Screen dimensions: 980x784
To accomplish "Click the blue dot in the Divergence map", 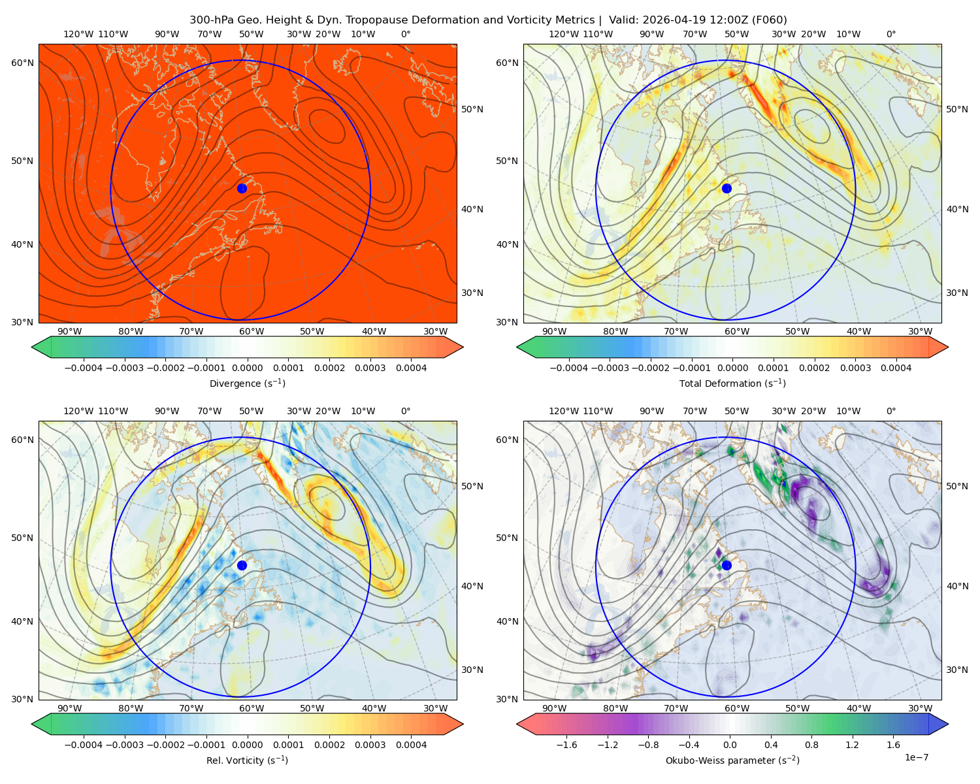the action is pyautogui.click(x=242, y=188).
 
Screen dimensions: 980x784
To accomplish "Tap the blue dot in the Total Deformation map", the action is pyautogui.click(x=727, y=188).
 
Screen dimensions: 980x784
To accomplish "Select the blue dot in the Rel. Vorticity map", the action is pyautogui.click(x=242, y=565).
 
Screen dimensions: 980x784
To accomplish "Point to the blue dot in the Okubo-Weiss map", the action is pyautogui.click(x=727, y=565).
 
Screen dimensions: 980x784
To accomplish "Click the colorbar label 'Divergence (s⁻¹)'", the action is pyautogui.click(x=247, y=383).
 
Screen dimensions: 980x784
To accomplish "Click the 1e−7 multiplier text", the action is pyautogui.click(x=916, y=757).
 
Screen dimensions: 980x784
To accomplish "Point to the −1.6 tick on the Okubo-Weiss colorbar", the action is pyautogui.click(x=566, y=744).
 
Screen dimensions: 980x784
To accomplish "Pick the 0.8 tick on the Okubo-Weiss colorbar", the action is pyautogui.click(x=811, y=744).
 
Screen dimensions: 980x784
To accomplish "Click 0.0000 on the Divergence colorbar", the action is pyautogui.click(x=247, y=368).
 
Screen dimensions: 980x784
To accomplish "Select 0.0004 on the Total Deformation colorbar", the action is pyautogui.click(x=896, y=368).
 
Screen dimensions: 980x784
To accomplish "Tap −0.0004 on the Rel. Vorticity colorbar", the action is pyautogui.click(x=84, y=744).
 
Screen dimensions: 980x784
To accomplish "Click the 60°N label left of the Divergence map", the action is pyautogui.click(x=22, y=63).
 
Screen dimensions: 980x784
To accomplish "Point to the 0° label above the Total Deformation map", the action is pyautogui.click(x=890, y=34).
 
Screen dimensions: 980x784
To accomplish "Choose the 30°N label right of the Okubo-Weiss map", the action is pyautogui.click(x=956, y=669).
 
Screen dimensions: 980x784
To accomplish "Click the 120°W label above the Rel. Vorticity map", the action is pyautogui.click(x=78, y=411).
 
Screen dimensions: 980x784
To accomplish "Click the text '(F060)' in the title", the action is pyautogui.click(x=769, y=20).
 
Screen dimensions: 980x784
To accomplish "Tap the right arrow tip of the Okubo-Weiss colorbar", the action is pyautogui.click(x=948, y=723).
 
